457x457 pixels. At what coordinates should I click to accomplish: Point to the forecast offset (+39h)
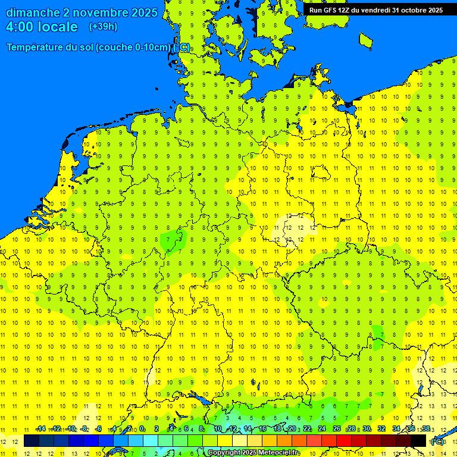click(x=103, y=27)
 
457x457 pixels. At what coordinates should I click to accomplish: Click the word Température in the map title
click(x=36, y=47)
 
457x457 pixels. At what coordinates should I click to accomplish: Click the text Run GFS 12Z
click(x=331, y=10)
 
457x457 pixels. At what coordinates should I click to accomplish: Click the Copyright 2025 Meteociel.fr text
click(x=253, y=453)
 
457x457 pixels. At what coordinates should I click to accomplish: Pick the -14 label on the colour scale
click(x=40, y=429)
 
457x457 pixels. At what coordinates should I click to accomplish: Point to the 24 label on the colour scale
click(x=322, y=429)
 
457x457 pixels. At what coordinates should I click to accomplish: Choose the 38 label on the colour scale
click(x=426, y=429)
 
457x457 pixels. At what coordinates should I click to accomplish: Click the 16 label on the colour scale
click(x=262, y=429)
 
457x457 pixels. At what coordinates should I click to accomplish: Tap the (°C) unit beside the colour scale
click(x=437, y=441)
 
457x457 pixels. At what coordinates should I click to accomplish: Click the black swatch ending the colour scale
click(x=418, y=440)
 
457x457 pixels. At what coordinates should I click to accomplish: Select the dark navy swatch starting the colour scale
click(x=32, y=440)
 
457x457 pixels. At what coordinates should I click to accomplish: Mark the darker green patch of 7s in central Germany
click(x=172, y=240)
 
